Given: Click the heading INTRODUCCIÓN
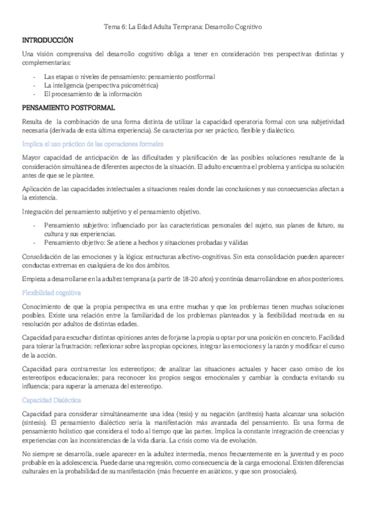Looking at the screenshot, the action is tap(47, 40).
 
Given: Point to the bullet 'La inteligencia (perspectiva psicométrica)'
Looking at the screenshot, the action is tap(101, 86).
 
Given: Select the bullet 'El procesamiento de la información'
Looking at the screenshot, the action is tap(93, 94).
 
